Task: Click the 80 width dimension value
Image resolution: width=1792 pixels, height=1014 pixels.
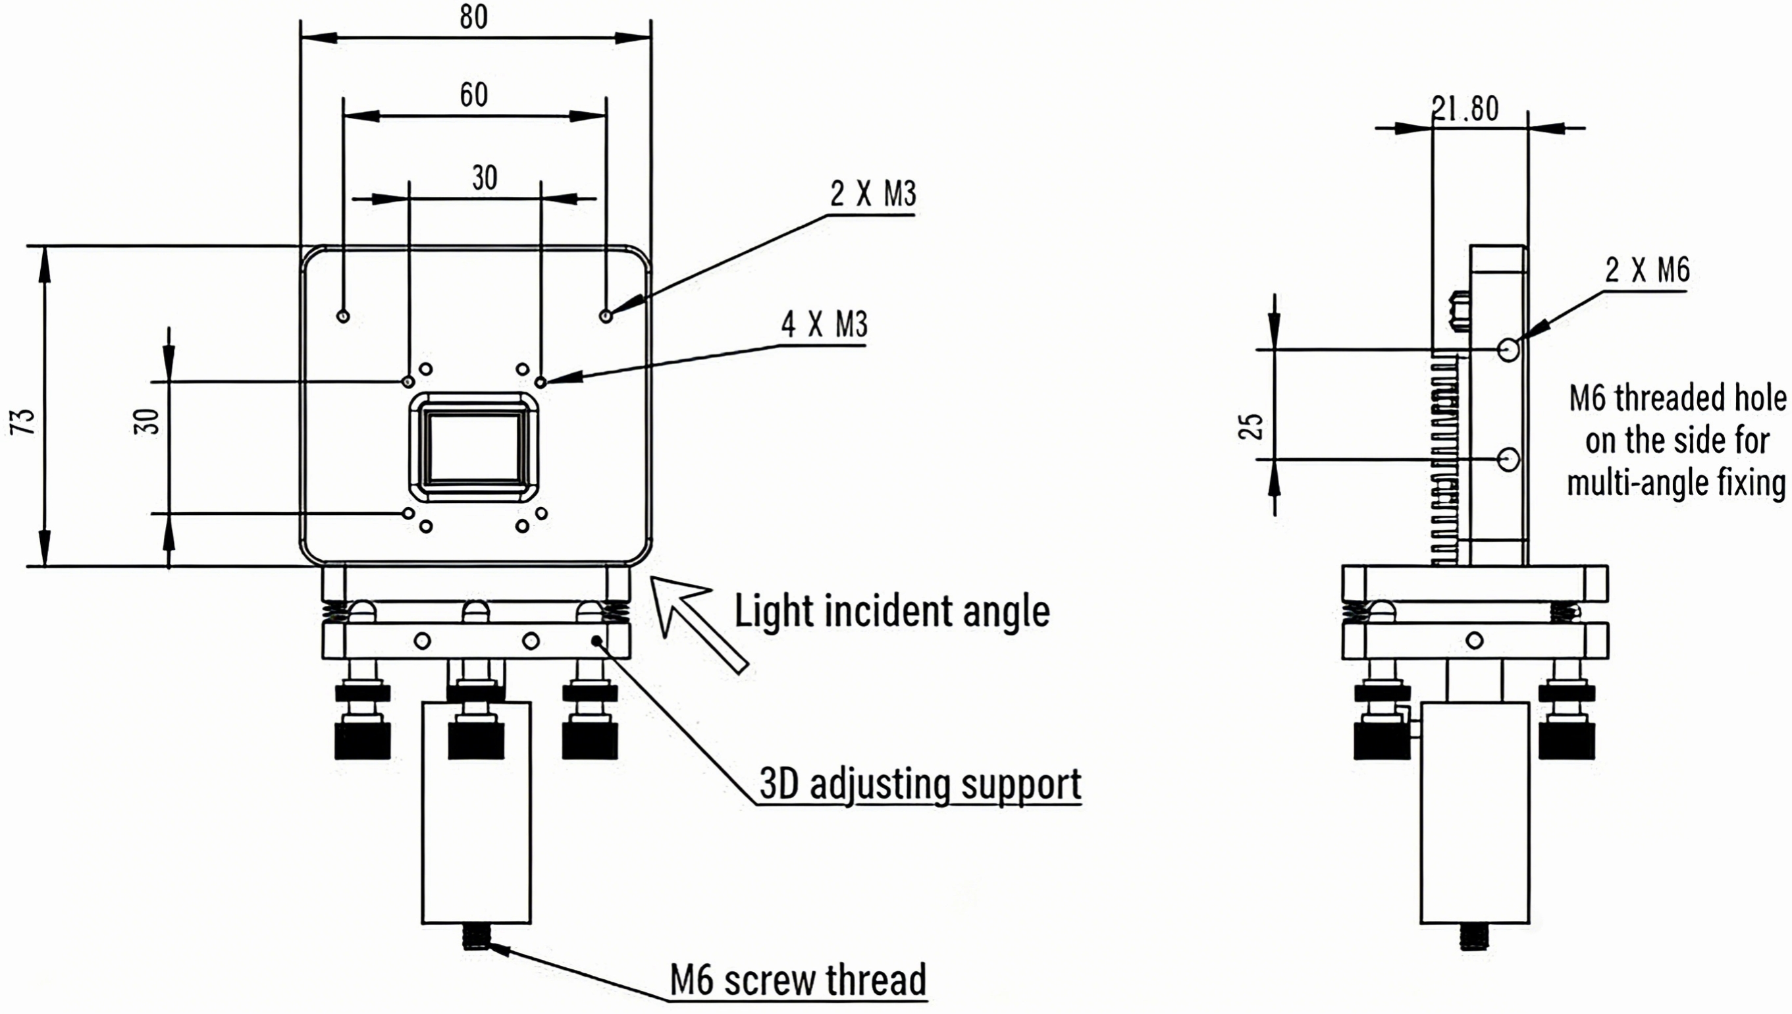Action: (473, 16)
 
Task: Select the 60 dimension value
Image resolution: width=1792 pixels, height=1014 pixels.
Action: (473, 95)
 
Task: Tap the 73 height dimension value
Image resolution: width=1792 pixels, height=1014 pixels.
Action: (24, 421)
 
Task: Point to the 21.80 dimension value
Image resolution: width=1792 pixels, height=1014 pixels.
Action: (1465, 109)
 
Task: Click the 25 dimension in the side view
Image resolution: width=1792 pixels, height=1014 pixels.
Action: (1251, 426)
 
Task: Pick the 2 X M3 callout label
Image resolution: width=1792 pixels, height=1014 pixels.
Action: (872, 194)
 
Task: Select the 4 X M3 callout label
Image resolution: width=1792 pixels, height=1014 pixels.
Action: (824, 325)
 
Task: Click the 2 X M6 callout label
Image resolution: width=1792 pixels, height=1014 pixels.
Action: (1647, 270)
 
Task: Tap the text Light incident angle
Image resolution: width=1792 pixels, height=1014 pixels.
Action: (892, 612)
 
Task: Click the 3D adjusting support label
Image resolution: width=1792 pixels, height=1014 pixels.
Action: (920, 784)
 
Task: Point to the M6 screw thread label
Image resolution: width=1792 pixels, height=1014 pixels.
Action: (798, 980)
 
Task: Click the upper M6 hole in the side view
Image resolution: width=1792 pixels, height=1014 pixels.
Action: (1508, 349)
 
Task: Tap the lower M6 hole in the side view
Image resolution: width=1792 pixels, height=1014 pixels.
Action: (1508, 460)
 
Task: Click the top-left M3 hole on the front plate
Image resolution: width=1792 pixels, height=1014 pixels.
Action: (342, 316)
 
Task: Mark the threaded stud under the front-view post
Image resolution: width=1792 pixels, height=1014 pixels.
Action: (476, 938)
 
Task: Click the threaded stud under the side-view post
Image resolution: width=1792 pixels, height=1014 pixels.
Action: (1475, 938)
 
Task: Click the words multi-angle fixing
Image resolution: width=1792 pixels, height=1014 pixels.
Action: (1676, 483)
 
